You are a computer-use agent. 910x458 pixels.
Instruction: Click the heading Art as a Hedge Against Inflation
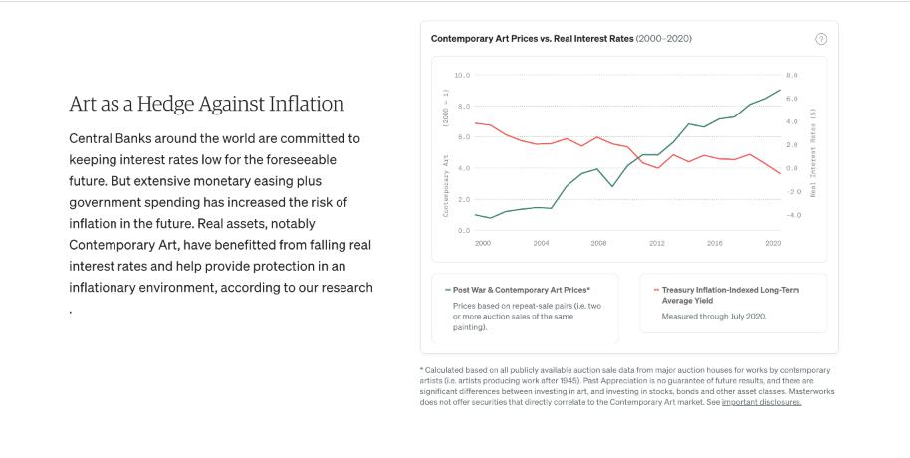point(206,104)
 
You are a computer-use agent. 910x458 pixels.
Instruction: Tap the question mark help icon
point(821,39)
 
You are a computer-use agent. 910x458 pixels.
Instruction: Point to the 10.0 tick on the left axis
point(462,75)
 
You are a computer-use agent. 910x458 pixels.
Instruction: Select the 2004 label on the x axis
point(541,243)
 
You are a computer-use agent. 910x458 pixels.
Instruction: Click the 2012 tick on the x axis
point(657,243)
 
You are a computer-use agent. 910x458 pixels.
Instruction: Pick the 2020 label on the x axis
point(773,243)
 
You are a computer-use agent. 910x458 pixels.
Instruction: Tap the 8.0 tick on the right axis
point(791,75)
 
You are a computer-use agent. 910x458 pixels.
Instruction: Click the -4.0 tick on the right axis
point(793,215)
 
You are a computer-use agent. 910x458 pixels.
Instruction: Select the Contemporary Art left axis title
point(446,184)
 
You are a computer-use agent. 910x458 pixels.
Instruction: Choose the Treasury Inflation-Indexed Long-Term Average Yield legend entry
point(731,295)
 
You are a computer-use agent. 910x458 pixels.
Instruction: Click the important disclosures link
point(762,402)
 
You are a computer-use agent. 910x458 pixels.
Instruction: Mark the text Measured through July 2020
point(714,316)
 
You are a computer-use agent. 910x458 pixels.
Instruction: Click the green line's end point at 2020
point(780,90)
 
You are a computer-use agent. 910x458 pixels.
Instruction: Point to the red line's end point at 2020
point(780,173)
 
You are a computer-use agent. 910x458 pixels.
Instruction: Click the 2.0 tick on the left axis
point(462,199)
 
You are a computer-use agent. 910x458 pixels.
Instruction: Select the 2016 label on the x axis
point(715,243)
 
